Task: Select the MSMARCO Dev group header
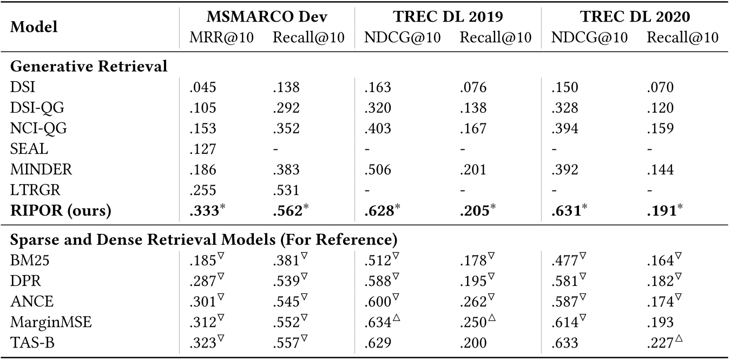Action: (x=267, y=16)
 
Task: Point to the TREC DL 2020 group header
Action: (x=635, y=16)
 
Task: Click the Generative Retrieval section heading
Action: (x=89, y=67)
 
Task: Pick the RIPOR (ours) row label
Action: (x=61, y=211)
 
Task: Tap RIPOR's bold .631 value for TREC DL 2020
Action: (x=564, y=211)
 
